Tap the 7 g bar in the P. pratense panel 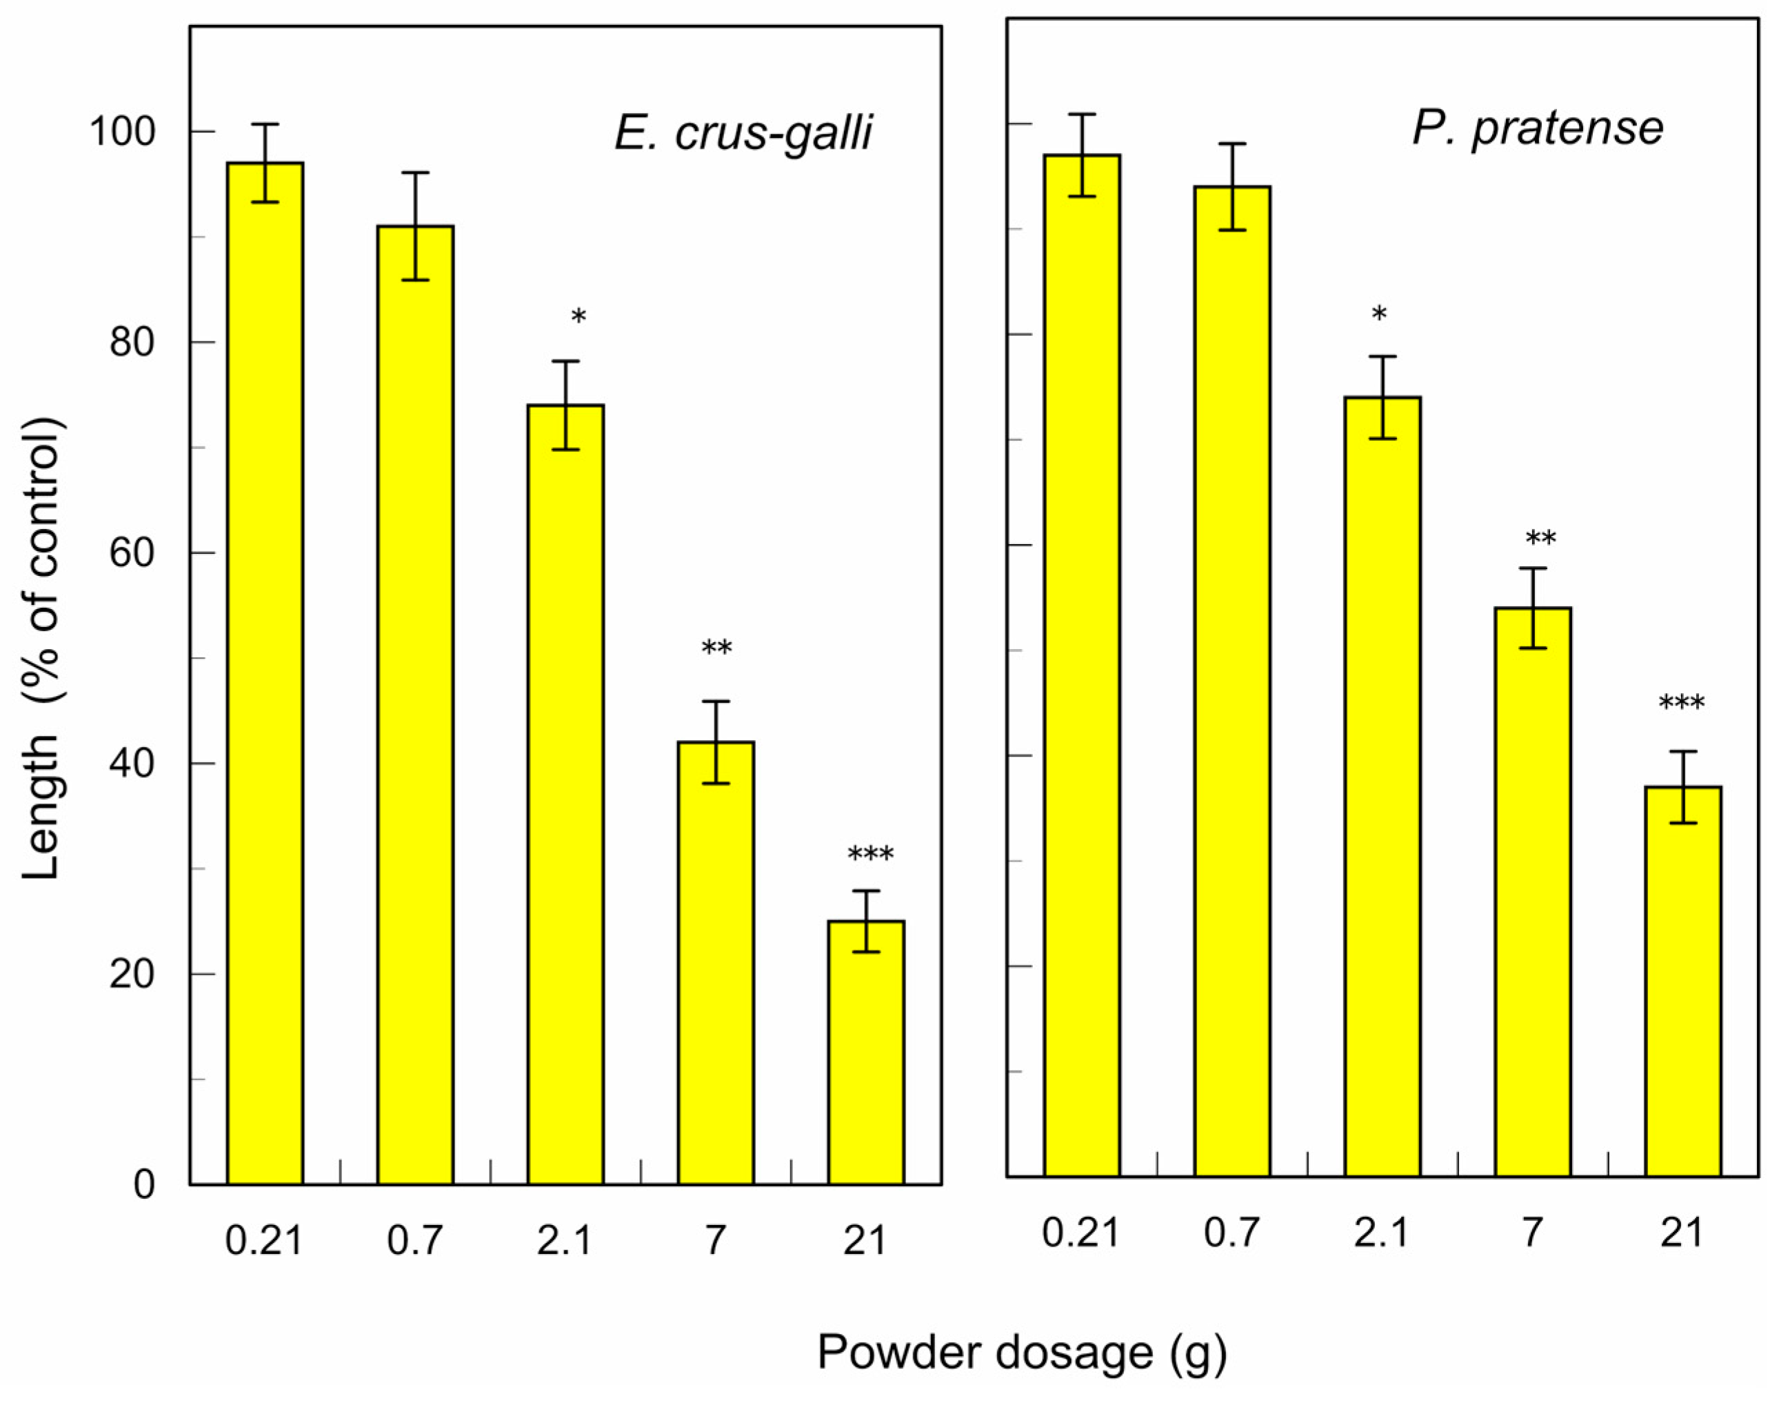(x=1533, y=892)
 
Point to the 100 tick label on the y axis (x=123, y=132)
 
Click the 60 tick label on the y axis (x=132, y=552)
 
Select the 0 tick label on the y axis (x=144, y=1184)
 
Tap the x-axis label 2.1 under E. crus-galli (x=565, y=1240)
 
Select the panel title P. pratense (x=1537, y=129)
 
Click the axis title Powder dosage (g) (x=1021, y=1353)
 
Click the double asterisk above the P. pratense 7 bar (x=1540, y=539)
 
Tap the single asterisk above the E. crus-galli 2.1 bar (x=579, y=317)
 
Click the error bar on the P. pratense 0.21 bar (x=1083, y=155)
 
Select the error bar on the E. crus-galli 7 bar (x=716, y=742)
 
